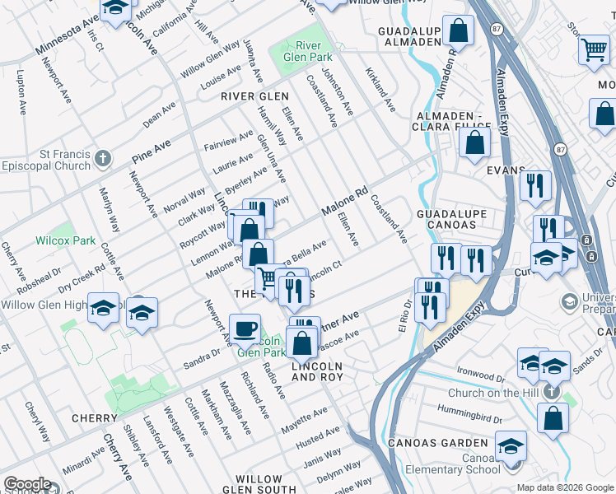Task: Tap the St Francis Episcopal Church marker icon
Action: [102, 157]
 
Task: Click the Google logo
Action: [26, 484]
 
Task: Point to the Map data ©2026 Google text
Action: [564, 487]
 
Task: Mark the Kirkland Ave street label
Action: [380, 92]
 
